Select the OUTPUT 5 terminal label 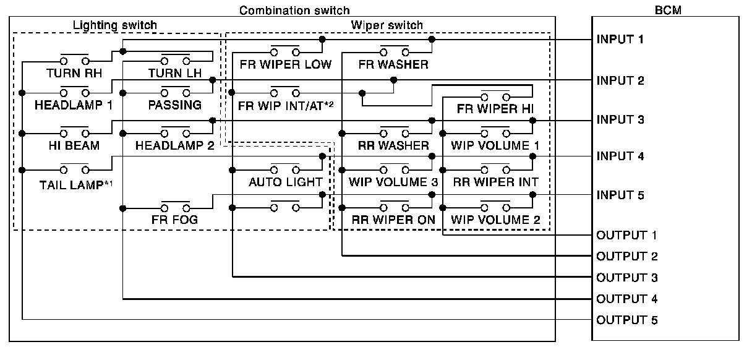click(626, 320)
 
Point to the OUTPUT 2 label click(626, 256)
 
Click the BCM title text click(665, 11)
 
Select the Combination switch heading click(294, 11)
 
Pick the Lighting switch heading click(115, 25)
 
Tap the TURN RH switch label click(74, 73)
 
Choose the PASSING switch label click(174, 105)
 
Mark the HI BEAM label click(74, 145)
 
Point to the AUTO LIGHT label click(285, 182)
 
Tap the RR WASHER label click(393, 145)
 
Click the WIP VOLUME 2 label click(495, 219)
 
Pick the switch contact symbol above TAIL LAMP click(74, 169)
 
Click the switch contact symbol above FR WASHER click(393, 51)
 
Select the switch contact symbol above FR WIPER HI click(495, 97)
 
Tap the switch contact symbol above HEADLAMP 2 click(175, 132)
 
